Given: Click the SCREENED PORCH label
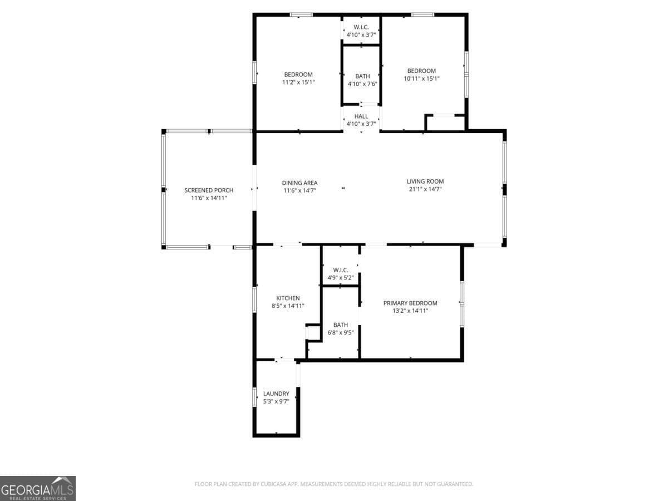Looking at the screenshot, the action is tap(209, 190).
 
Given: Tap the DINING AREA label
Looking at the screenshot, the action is tap(299, 183).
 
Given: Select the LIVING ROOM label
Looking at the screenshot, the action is tap(425, 181).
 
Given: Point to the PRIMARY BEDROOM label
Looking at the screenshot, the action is tap(410, 303).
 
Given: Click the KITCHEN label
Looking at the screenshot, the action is tap(288, 298).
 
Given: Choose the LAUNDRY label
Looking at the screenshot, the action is tap(276, 394).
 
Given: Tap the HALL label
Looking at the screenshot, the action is tap(361, 116).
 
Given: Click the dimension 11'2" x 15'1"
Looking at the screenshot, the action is tap(298, 82).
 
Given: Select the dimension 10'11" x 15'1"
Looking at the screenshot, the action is tap(421, 78).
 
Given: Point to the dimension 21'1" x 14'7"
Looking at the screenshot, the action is tap(425, 189).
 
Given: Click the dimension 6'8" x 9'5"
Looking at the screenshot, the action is tap(341, 332).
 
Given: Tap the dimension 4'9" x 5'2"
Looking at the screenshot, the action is tap(341, 278).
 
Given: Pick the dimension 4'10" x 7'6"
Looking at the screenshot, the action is tap(362, 83).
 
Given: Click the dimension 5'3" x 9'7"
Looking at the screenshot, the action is tap(276, 401).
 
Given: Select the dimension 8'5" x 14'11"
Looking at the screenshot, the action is tap(288, 306).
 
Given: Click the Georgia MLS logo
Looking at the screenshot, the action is tap(38, 488).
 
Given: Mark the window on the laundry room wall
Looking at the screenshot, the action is tap(254, 397).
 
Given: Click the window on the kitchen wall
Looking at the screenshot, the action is tap(254, 299).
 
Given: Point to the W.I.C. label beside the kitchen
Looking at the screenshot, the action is tap(341, 270).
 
